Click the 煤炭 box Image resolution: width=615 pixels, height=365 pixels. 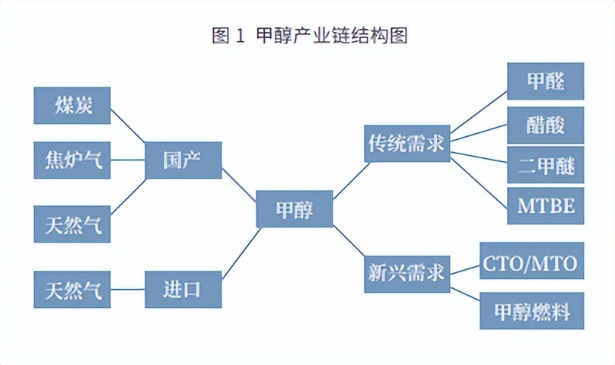pos(72,106)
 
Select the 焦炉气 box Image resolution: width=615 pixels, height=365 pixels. pos(72,160)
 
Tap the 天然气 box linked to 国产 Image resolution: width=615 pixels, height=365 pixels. pos(72,224)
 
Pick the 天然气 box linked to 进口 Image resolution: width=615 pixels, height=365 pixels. pos(72,290)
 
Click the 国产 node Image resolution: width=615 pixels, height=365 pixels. pos(183,160)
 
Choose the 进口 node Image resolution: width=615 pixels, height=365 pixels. pos(183,290)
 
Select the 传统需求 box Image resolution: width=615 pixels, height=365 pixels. pos(406,144)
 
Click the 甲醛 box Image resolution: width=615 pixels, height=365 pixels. pos(545,81)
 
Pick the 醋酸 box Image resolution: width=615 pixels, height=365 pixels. pos(545,125)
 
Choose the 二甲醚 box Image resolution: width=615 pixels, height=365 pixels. pos(545,165)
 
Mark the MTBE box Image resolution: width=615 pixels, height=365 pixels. pos(545,205)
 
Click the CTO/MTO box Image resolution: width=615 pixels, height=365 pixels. pos(531,263)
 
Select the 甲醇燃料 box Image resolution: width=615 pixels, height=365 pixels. pos(531,311)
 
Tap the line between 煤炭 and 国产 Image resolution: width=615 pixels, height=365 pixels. pos(128,124)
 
